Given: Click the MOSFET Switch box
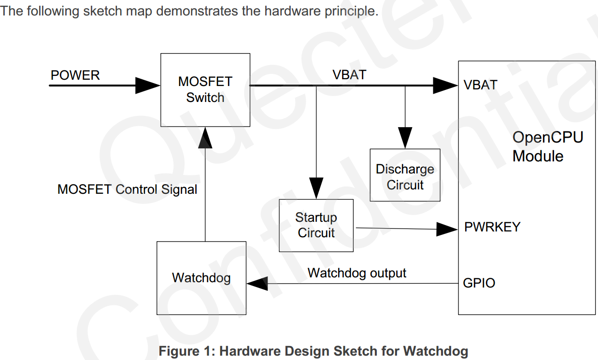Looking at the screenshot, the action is pos(205,90).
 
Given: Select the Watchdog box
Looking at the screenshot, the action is pos(201,278).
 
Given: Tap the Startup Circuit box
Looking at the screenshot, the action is pos(316,225).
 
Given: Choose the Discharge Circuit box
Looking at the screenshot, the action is pos(405,175).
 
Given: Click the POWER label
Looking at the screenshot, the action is pos(75,75).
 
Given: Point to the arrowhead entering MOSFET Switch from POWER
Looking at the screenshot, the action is pos(148,86).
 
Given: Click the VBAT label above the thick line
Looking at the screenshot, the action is pos(349,75).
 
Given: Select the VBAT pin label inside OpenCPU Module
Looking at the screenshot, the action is pos(481,85).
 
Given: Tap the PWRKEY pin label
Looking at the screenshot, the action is pos(492,227).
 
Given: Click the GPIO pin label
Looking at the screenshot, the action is pos(479,283).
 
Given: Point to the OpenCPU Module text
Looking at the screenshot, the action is pos(548,146).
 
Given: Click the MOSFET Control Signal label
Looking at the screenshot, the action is pos(128,189).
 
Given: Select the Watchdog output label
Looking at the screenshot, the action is pos(357,273).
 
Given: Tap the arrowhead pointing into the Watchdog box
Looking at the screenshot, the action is pos(257,283).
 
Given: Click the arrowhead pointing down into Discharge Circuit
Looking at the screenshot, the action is pos(405,138).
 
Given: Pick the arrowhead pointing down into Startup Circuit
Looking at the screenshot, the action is pos(316,188).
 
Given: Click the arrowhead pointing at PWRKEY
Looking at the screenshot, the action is pos(447,229).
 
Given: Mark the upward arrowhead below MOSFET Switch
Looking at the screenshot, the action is pos(205,138).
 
